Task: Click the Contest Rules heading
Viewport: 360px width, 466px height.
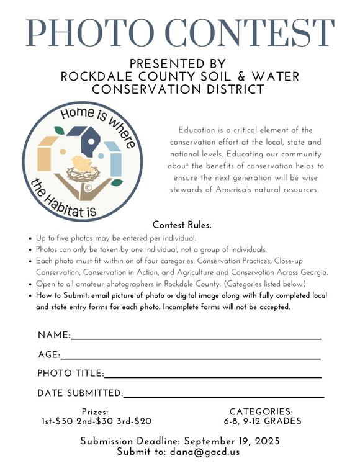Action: point(182,225)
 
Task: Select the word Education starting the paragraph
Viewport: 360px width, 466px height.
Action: point(196,130)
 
